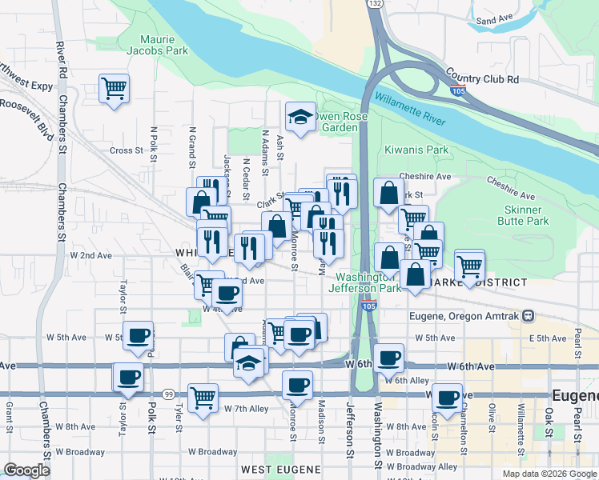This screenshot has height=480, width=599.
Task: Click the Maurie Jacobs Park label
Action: pos(163,44)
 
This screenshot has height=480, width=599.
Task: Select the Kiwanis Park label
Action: pos(416,150)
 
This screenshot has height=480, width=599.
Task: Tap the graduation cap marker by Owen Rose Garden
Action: pos(300,116)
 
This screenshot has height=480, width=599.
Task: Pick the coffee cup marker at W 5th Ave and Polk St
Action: pos(139,335)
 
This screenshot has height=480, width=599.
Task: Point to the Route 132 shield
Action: pos(376,4)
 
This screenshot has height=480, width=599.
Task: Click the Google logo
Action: pos(26,470)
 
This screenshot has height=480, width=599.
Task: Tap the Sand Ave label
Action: pos(493,20)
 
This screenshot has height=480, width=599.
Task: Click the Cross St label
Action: pos(126,150)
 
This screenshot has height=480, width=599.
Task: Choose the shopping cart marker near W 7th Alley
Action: pos(203,397)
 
